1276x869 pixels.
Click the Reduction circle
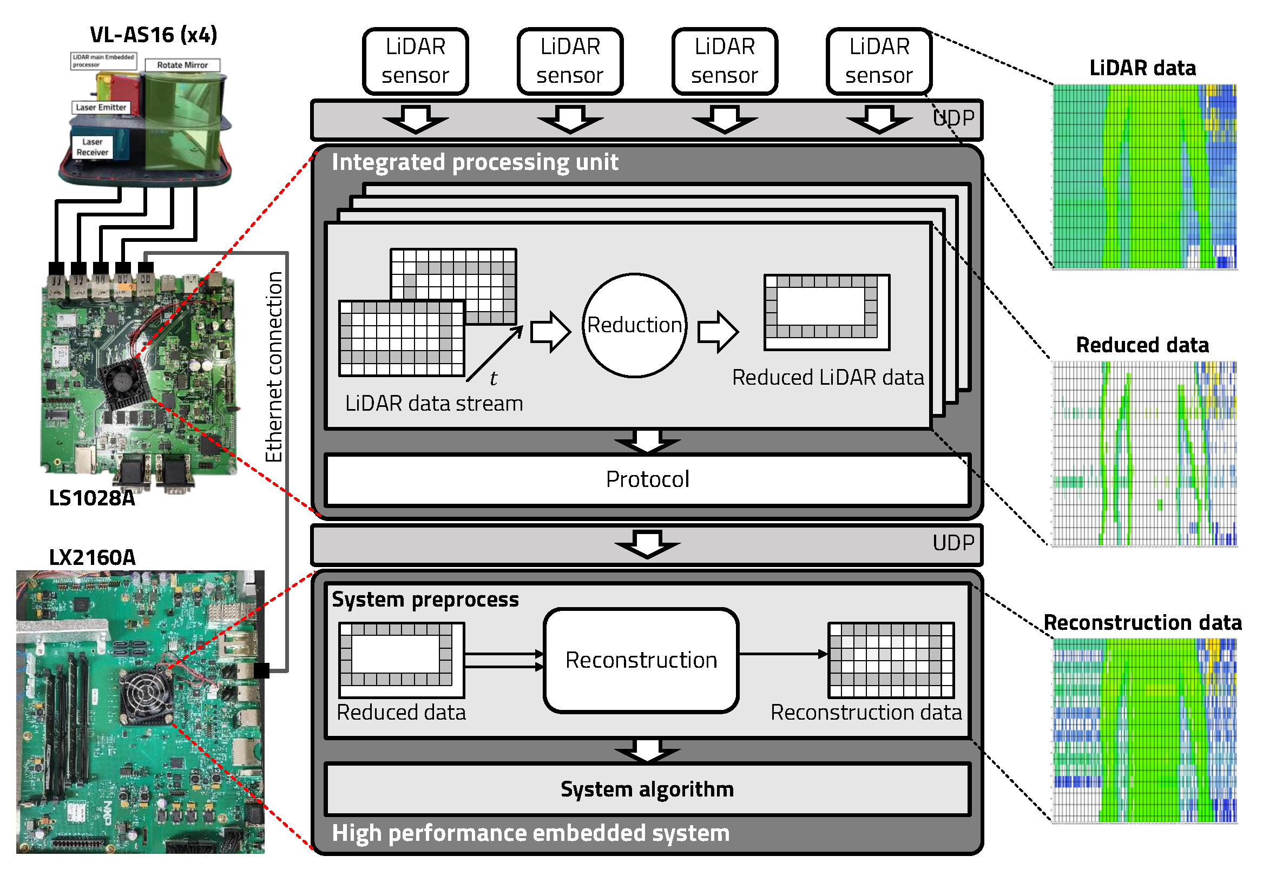(634, 325)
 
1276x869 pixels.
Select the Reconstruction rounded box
(641, 660)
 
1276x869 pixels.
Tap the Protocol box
(647, 479)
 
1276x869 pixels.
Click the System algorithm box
(647, 789)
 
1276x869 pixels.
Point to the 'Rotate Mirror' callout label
(182, 65)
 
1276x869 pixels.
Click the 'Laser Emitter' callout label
(101, 107)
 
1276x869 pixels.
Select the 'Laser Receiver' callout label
(92, 147)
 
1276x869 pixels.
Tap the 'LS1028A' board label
(91, 498)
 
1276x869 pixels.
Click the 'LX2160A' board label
(91, 557)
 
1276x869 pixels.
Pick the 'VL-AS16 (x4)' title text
(153, 35)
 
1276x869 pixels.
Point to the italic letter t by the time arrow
(493, 378)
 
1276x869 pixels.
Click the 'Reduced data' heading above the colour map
(1142, 345)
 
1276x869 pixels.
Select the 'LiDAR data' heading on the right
(1142, 68)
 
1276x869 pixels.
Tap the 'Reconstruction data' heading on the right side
(1142, 622)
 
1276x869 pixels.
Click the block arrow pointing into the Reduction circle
(550, 332)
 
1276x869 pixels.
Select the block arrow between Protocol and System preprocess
(647, 543)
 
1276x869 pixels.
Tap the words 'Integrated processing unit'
(475, 162)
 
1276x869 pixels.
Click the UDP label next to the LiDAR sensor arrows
(953, 118)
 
